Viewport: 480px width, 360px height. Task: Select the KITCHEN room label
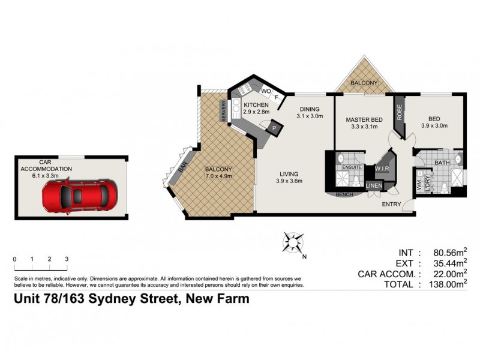point(256,104)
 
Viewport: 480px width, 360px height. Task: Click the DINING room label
point(310,109)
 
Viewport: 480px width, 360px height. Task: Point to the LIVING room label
point(287,175)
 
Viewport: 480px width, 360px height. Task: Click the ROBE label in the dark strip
point(400,113)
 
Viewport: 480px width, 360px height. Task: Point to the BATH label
point(442,163)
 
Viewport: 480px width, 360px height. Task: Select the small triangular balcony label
point(364,83)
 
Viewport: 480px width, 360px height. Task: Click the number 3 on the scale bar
point(67,259)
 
